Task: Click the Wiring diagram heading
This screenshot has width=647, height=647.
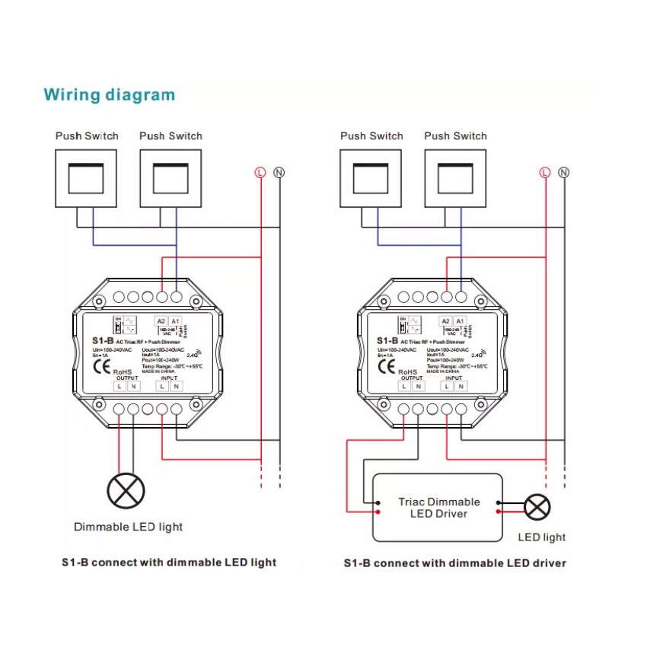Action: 109,95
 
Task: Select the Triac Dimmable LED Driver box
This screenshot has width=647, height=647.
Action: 438,507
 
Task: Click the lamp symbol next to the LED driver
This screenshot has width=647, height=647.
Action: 537,507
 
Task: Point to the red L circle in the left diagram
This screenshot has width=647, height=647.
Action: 261,173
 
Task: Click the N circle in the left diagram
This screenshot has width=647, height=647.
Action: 279,173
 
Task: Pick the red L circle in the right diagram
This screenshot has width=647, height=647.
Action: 544,173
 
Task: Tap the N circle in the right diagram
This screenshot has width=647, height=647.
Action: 563,173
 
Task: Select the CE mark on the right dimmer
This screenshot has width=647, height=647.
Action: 386,366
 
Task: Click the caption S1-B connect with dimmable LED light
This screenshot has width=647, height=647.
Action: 169,563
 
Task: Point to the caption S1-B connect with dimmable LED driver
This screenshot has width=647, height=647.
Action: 454,563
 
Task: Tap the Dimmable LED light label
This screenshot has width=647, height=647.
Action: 128,527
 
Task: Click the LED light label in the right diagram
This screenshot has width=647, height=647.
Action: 542,537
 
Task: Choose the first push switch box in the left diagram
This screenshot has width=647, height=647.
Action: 86,178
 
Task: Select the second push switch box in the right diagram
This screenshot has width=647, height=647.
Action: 455,178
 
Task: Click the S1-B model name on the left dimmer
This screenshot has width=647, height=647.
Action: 102,341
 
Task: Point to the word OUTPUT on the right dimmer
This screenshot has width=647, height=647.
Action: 411,378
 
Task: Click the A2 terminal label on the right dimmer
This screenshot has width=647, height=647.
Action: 446,322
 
